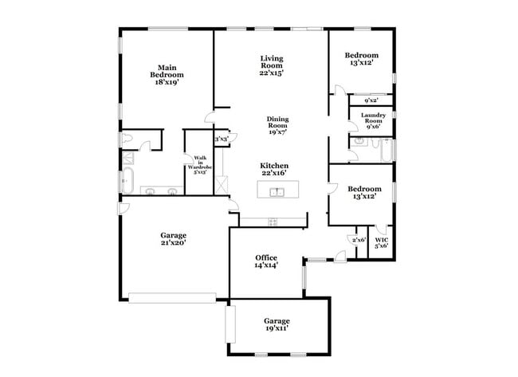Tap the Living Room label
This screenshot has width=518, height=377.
(x=272, y=62)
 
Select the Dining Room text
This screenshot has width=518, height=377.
(x=277, y=123)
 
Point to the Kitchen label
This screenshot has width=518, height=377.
(x=273, y=166)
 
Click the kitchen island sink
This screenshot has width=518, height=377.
(x=277, y=192)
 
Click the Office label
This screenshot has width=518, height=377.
(x=266, y=257)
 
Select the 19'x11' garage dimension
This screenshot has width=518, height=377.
(x=277, y=327)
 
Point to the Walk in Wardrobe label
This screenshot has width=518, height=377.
(x=200, y=164)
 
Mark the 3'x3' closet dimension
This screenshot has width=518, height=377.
(x=221, y=139)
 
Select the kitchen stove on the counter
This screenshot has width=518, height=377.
(x=273, y=221)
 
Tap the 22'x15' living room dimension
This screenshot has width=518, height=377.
(x=272, y=73)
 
